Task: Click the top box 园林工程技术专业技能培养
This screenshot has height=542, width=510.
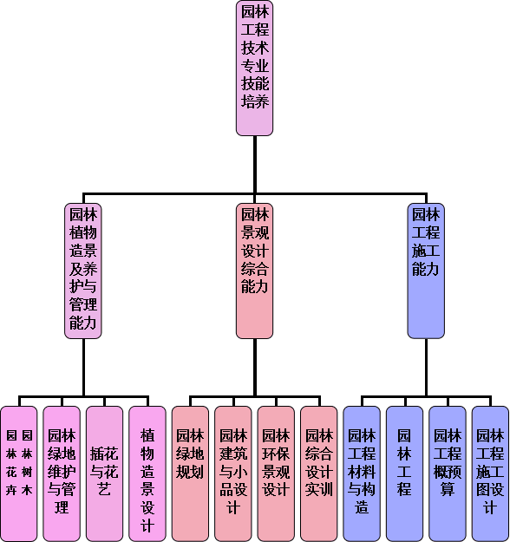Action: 254,69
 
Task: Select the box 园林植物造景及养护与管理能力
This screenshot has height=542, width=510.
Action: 83,271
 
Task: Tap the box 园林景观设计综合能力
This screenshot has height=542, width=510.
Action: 254,271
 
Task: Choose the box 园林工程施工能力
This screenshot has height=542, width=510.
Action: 426,271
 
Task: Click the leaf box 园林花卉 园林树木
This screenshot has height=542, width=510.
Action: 19,473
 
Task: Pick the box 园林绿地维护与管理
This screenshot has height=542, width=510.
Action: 62,473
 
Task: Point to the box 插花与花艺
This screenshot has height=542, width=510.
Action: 104,473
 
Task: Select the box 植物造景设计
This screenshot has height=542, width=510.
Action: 147,473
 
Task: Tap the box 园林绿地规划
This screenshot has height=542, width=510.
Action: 190,473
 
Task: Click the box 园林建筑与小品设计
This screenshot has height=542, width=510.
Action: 233,473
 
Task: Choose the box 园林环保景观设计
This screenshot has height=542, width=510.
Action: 276,473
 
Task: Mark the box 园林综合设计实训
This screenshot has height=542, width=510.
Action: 319,473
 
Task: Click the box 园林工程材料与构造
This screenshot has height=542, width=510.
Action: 362,473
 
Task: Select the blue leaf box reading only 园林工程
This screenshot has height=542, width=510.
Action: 404,473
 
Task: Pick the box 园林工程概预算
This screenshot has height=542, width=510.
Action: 448,473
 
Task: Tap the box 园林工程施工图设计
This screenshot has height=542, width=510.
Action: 490,473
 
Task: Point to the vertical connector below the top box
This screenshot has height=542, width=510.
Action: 255,165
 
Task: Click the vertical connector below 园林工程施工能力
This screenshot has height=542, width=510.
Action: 426,367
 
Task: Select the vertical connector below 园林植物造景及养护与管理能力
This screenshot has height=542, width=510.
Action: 83,367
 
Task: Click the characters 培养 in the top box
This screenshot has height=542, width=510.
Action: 255,101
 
